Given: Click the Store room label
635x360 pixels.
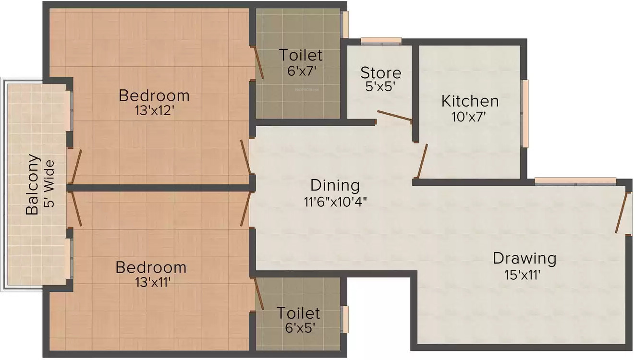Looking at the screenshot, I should [x=380, y=73].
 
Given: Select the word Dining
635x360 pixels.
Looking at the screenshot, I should [x=335, y=185].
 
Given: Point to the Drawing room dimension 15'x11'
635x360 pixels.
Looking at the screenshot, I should [x=524, y=275].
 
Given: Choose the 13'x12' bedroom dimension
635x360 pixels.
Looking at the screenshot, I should [x=154, y=111].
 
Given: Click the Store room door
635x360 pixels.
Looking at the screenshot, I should [x=394, y=116].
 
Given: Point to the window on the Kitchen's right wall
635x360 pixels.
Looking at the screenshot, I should [x=525, y=113].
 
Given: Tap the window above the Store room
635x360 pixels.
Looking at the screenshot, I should [x=381, y=41].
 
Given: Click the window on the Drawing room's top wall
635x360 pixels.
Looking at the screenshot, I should [x=575, y=181].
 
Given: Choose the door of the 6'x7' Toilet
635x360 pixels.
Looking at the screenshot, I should [x=258, y=62].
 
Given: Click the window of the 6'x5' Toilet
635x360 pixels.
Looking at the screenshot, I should [x=344, y=319].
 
